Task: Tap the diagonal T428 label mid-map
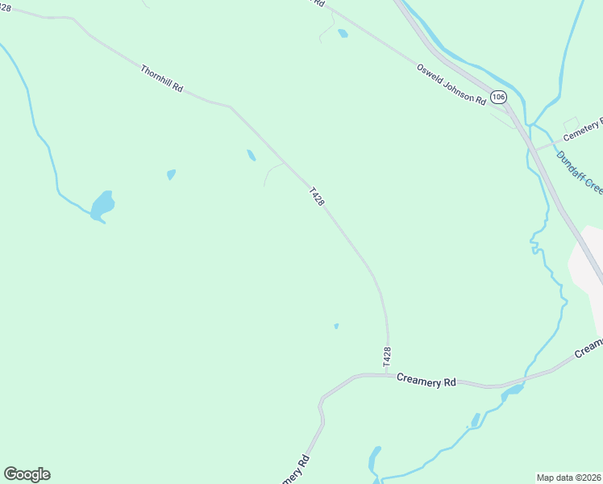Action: [316, 197]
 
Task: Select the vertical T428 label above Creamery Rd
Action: [387, 357]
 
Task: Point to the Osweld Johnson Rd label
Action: [451, 84]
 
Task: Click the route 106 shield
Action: [499, 97]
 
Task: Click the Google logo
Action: [27, 474]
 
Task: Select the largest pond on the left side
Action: [102, 205]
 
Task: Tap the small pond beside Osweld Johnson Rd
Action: [343, 33]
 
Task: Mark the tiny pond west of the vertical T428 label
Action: [336, 326]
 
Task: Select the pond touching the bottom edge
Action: [374, 463]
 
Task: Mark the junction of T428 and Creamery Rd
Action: [387, 374]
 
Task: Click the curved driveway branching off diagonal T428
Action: [271, 171]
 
